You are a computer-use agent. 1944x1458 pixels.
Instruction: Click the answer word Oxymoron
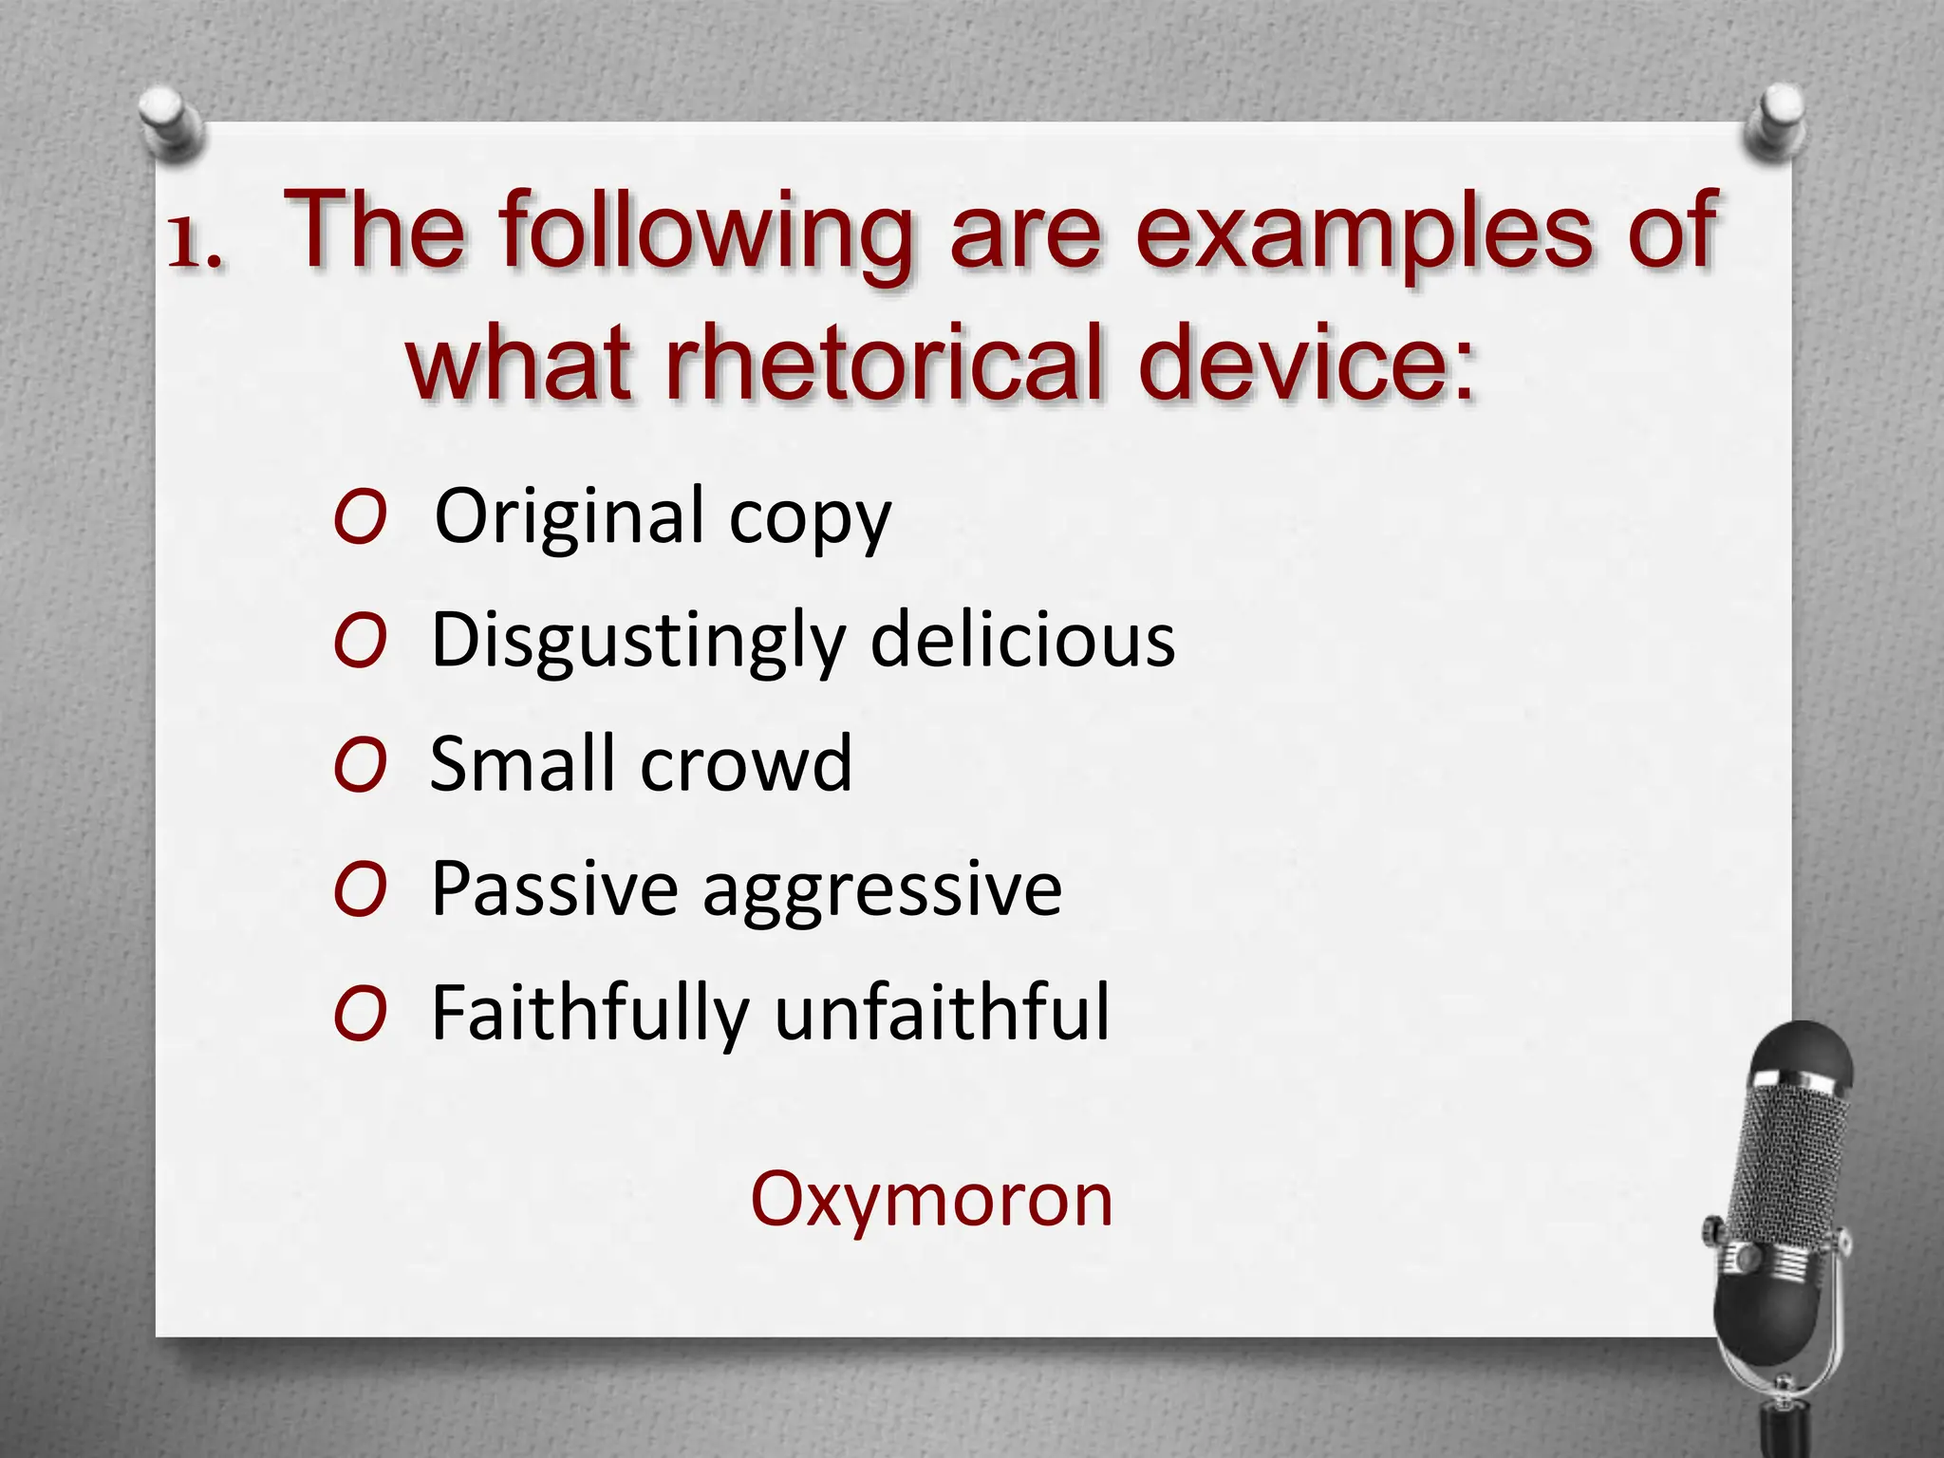(x=931, y=1201)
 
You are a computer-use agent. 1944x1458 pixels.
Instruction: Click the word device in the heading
(x=1307, y=364)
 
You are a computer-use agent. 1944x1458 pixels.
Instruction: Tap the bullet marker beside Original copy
(x=361, y=518)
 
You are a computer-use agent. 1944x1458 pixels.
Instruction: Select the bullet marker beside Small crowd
(x=361, y=766)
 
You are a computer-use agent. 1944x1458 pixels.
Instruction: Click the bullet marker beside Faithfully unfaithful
(x=361, y=1014)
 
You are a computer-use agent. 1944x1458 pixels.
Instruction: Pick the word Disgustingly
(x=637, y=643)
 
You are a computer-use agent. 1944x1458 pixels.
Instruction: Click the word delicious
(x=1022, y=641)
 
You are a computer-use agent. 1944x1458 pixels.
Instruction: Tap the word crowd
(x=745, y=764)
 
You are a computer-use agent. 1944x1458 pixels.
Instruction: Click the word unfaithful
(x=942, y=1013)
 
